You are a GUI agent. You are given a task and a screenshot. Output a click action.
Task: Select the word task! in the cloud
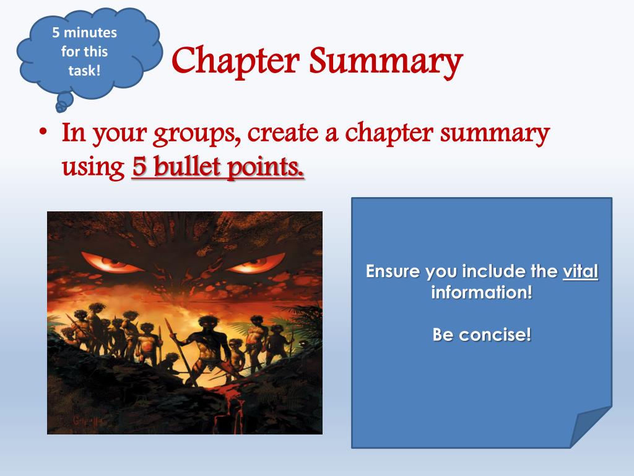coord(84,70)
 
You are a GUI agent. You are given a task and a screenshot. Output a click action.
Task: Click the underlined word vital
coord(580,271)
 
